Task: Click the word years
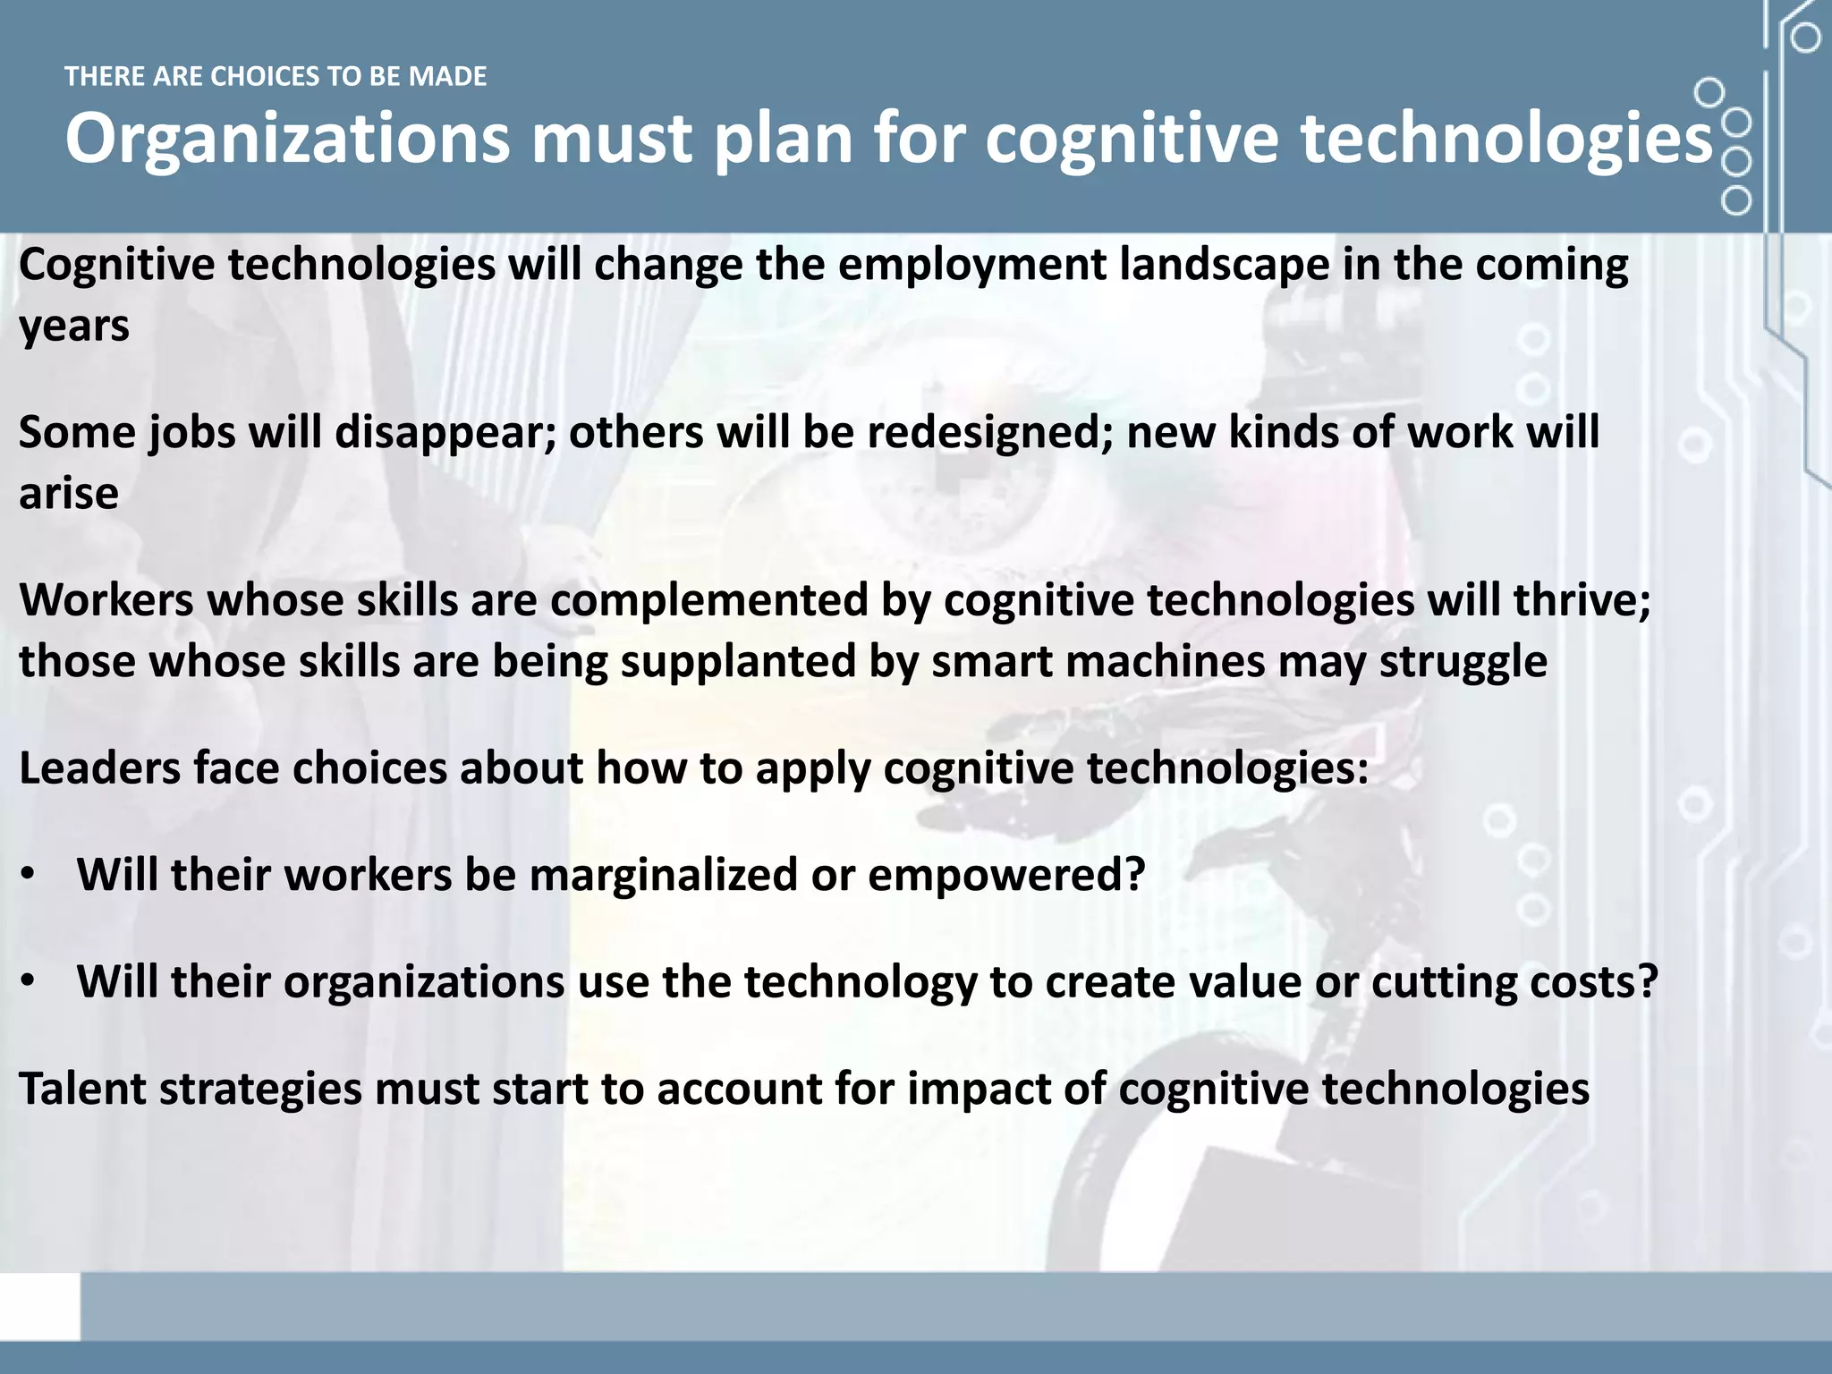(74, 327)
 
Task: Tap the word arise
(69, 493)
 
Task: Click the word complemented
(709, 600)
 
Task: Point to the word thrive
(1581, 600)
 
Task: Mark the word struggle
(1463, 662)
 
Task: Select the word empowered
(1005, 875)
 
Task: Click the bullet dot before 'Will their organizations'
(29, 982)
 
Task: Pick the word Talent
(82, 1090)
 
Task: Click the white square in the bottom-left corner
(39, 1307)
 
